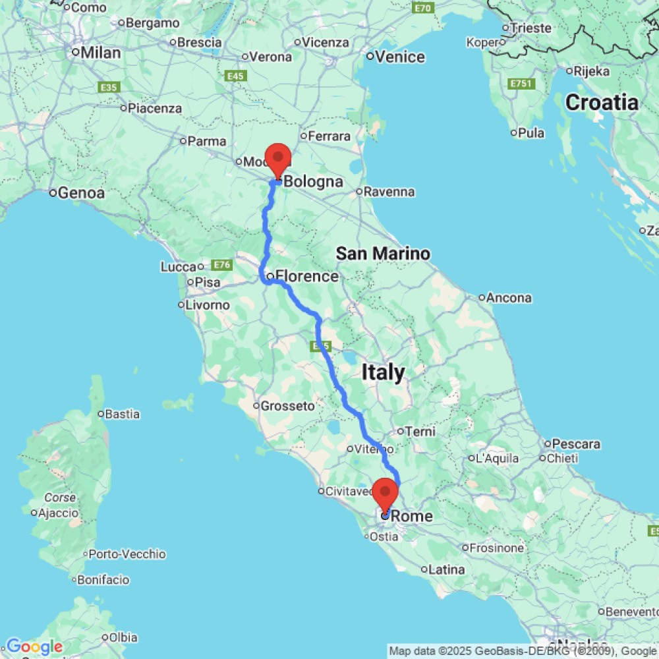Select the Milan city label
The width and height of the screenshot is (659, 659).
point(100,52)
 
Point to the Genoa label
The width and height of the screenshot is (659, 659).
point(81,193)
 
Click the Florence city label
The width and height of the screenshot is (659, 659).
point(306,276)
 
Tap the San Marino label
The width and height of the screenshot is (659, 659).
point(383,253)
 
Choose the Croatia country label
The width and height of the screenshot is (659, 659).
point(602,103)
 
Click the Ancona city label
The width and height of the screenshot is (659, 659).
point(509,298)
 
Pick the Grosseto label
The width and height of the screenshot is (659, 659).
point(287,406)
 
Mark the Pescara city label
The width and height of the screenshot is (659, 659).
point(577,444)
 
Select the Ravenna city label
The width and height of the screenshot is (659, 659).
point(389,192)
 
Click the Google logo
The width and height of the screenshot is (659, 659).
point(34,646)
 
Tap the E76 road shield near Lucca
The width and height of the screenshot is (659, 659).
point(221,265)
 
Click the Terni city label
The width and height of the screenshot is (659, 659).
point(421,432)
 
